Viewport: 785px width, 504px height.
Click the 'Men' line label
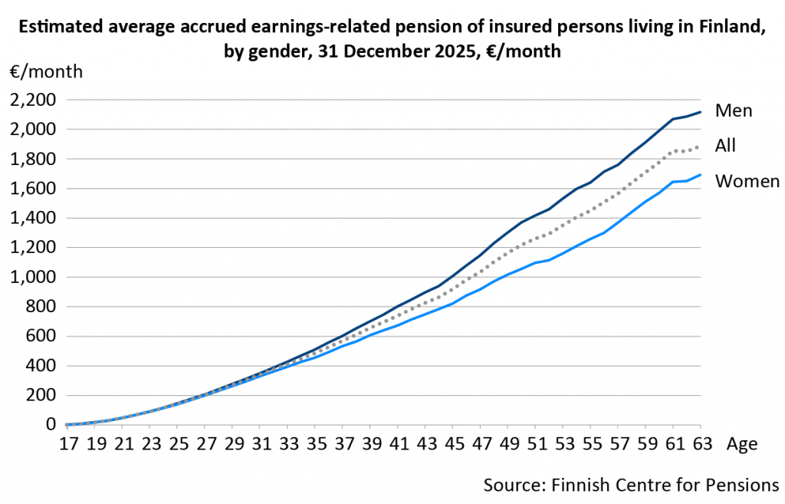734,110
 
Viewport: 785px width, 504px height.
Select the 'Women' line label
747,181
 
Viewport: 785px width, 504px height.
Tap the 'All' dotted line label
725,145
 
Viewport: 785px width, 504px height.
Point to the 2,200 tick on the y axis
34,100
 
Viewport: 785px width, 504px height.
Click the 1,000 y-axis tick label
34,277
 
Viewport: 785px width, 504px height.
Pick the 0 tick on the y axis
51,424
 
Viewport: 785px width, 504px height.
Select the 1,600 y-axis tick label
34,189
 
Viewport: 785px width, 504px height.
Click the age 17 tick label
69,444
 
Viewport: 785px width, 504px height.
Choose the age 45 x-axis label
454,444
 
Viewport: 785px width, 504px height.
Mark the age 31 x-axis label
261,444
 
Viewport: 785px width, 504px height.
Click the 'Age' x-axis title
742,444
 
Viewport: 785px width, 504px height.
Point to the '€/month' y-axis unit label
46,71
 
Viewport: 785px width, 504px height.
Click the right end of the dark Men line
701,112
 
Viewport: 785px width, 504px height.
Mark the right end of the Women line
701,175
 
